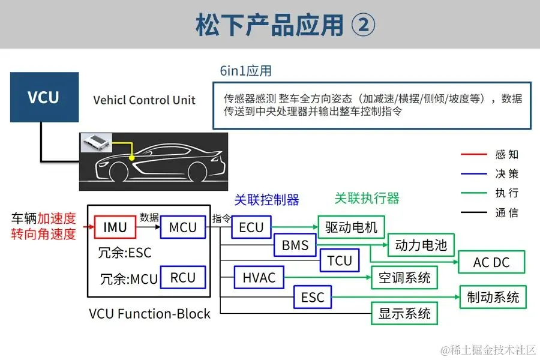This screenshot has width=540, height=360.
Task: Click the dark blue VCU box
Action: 44,97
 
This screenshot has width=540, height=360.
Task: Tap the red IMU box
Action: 115,227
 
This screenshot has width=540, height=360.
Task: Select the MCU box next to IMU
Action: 182,227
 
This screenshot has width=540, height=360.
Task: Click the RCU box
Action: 182,277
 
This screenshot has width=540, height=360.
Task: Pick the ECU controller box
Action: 251,227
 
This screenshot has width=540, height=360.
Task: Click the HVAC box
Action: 259,277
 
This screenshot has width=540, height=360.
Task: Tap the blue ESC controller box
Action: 312,296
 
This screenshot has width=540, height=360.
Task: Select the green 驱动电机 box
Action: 351,227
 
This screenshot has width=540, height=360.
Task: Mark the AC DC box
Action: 491,262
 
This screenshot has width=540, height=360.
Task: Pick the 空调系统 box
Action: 404,277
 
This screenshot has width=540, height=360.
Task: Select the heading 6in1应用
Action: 245,71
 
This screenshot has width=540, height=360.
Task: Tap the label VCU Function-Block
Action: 149,313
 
